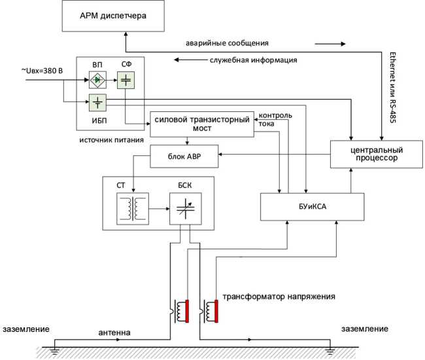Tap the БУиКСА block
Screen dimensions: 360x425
311,206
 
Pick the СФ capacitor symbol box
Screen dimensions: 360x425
125,81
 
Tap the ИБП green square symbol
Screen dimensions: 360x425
97,102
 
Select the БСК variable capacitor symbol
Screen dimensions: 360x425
185,209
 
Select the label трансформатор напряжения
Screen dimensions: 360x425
279,297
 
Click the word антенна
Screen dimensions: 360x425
114,333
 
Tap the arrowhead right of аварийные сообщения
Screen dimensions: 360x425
341,45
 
